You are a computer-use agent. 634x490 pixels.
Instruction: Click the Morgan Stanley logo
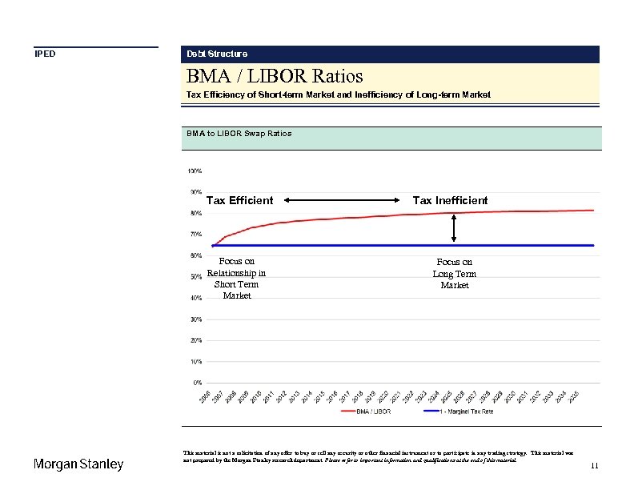tap(78, 464)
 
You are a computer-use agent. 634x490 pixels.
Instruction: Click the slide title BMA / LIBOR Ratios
tap(275, 76)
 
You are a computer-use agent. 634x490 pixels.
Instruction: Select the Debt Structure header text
tap(217, 54)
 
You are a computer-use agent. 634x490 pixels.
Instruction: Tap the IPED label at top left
tap(45, 54)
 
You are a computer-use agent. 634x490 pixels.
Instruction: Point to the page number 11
tap(594, 466)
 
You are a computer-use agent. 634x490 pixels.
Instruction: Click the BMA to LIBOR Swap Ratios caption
tap(239, 133)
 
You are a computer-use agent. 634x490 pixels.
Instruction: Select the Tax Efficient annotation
tap(239, 200)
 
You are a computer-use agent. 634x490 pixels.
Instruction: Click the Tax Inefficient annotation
tap(450, 200)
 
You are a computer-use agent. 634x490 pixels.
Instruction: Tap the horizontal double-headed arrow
tap(343, 200)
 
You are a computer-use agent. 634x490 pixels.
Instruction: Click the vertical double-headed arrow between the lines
tap(454, 228)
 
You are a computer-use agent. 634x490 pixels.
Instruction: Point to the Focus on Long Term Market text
tap(454, 273)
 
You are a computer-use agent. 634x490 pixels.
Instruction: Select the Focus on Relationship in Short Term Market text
tap(236, 278)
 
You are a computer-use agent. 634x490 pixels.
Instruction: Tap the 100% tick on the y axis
tap(195, 171)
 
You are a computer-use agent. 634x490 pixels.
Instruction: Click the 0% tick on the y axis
tap(197, 383)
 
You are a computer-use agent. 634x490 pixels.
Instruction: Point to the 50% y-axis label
tap(195, 277)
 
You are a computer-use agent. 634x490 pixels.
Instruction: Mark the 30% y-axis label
tap(195, 319)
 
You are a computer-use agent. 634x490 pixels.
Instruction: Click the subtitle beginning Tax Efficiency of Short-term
tap(338, 94)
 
